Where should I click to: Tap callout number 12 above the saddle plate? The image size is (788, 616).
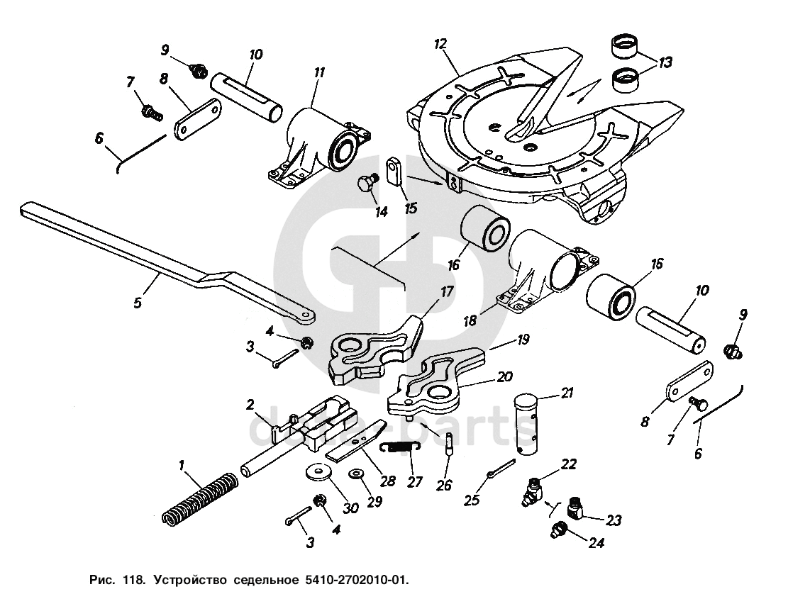tap(441, 45)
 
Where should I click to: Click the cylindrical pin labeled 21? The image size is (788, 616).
tap(530, 425)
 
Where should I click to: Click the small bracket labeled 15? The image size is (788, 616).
tap(394, 171)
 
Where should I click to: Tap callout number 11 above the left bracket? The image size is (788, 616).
tap(320, 72)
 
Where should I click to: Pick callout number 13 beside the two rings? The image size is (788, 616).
tap(665, 62)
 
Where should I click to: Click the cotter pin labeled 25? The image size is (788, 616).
tap(501, 469)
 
